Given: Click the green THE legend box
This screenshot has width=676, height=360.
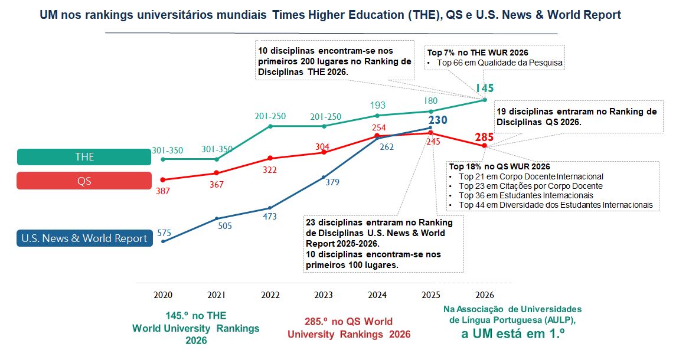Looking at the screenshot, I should [84, 157].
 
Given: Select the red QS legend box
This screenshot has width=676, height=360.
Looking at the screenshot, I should [84, 181].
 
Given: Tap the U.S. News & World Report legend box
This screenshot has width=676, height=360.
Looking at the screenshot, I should [84, 238].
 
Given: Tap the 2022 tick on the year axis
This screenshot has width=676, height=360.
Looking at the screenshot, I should [270, 294].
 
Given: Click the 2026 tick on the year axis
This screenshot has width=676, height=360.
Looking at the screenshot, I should [484, 294].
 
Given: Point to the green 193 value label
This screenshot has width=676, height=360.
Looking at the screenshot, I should [377, 106].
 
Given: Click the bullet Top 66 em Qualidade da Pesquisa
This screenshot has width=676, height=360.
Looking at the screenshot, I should [499, 63].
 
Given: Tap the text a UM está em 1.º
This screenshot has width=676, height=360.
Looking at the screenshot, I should [512, 334].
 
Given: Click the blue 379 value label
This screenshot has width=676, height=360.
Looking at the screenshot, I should [332, 182].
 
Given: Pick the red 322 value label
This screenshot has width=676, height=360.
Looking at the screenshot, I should [270, 169].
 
